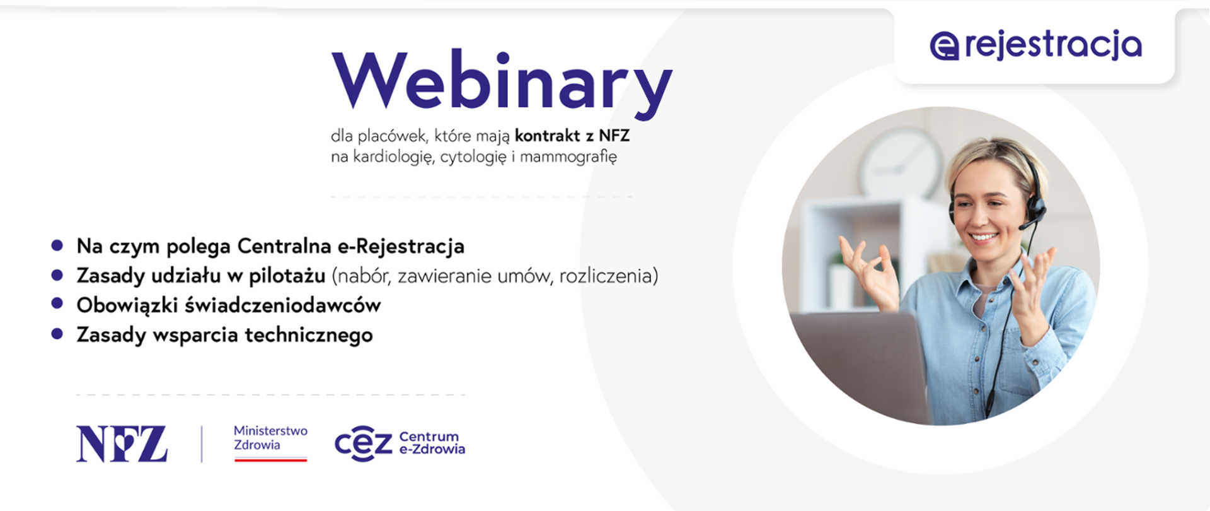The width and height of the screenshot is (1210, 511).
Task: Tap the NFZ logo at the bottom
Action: (122, 443)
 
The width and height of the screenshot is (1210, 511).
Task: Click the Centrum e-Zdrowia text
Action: (432, 443)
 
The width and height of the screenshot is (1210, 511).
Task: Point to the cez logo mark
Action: (363, 443)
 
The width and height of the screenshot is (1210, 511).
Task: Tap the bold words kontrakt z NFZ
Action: (572, 136)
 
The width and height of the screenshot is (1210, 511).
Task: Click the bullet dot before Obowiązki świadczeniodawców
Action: (57, 304)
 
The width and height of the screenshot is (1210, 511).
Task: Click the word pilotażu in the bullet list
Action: (287, 276)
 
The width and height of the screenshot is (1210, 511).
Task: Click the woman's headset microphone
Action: (1027, 225)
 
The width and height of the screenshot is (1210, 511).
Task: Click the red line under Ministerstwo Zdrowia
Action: (270, 460)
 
